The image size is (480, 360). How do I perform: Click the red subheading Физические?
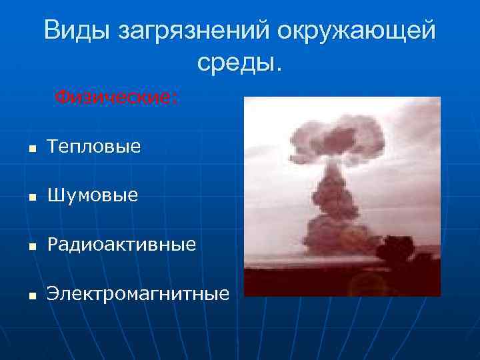(x=116, y=97)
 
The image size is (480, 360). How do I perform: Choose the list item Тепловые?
(x=94, y=147)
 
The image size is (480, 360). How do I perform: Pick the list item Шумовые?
(x=93, y=195)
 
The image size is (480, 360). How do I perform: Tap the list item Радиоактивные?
(x=121, y=245)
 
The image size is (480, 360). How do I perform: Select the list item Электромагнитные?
(x=137, y=293)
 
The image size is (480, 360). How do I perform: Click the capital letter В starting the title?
(x=53, y=31)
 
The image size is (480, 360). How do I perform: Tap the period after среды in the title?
(x=279, y=71)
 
